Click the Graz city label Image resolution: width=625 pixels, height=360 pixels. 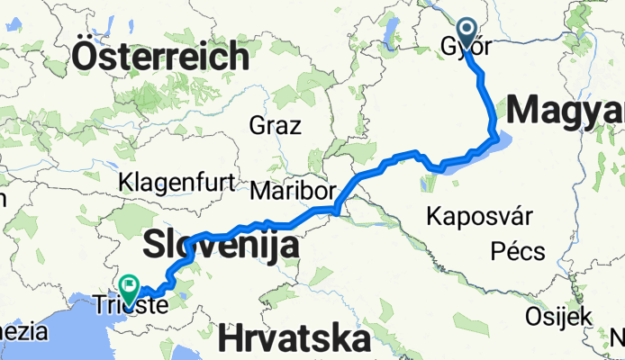pyautogui.click(x=276, y=124)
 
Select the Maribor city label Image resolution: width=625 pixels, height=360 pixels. pyautogui.click(x=294, y=191)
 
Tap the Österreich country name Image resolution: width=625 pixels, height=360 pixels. pyautogui.click(x=161, y=56)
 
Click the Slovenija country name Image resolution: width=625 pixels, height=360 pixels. pyautogui.click(x=221, y=243)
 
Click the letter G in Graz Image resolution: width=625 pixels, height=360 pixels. pyautogui.click(x=258, y=124)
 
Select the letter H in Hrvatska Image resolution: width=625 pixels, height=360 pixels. pyautogui.click(x=229, y=340)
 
